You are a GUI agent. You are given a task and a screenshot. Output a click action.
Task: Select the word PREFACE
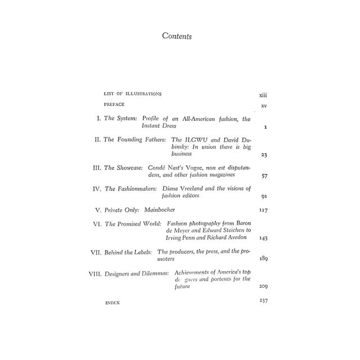click(114, 105)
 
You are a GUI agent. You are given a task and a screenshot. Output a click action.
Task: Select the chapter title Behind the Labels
click(127, 252)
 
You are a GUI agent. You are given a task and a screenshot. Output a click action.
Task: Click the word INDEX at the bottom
click(112, 303)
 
